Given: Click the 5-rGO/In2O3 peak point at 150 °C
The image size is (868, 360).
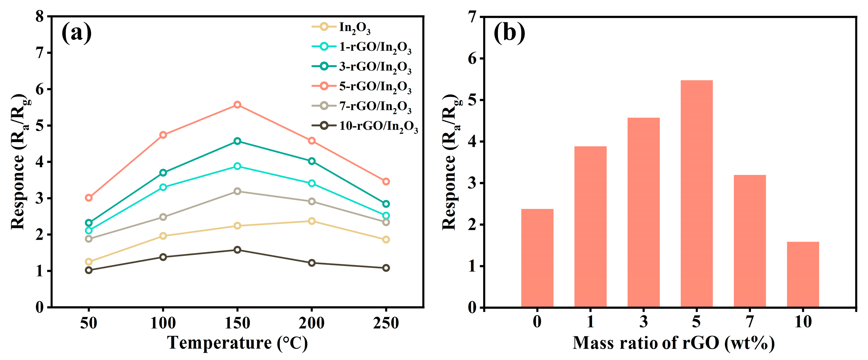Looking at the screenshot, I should point(237,105).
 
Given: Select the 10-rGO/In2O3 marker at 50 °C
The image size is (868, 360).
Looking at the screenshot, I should point(89,270).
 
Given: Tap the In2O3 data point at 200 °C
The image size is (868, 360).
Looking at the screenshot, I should point(312,221).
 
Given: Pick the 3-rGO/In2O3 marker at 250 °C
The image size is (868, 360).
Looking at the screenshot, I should point(386,204).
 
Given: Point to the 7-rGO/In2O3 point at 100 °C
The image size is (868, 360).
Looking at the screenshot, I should point(163,217).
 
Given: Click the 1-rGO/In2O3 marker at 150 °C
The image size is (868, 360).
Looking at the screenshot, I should point(237,166).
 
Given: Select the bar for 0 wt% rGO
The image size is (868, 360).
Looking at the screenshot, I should point(537,258).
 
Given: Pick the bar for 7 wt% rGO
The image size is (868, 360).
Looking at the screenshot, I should point(750,241).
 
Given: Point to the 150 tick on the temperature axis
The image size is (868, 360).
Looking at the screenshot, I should point(237,323).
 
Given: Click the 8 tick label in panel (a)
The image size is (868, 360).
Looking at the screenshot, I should point(40,16).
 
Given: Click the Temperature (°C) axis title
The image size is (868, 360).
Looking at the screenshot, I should point(237,343).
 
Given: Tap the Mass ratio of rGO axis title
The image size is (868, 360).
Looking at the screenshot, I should point(673,343).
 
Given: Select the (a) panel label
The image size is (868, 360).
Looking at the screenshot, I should point(77,33).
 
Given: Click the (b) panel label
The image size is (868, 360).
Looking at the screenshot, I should point(509,33).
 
